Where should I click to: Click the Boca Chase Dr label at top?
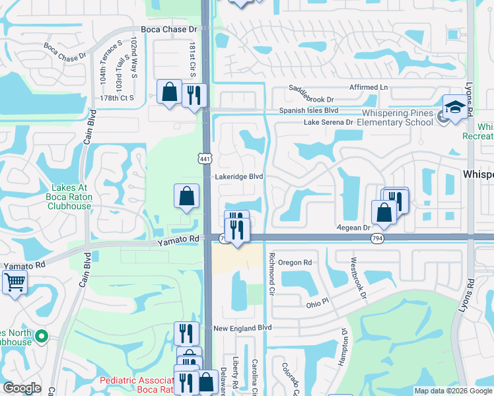(169, 30)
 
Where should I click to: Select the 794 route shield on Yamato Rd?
(377, 238)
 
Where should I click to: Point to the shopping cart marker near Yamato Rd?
(15, 282)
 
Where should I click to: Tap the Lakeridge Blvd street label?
(238, 177)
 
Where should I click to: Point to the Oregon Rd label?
(294, 262)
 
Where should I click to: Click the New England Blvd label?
(242, 327)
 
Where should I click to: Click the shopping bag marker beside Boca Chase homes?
(170, 92)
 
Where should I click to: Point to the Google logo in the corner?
(21, 388)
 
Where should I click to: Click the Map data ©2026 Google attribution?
(453, 391)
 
